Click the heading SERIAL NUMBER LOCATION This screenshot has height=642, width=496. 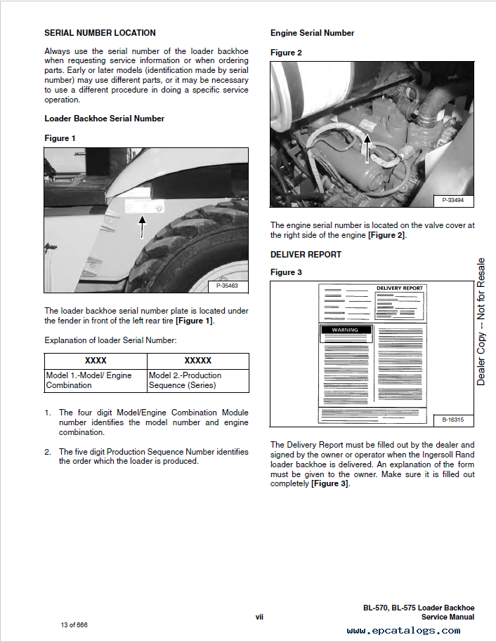pos(100,33)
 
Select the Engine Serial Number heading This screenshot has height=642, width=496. pos(312,33)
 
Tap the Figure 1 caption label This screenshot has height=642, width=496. pos(60,138)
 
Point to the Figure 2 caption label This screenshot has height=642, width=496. pos(286,53)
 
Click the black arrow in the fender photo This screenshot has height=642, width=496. pos(143,227)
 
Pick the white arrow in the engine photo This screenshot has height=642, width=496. pos(365,148)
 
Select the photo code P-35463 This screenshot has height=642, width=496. pos(227,286)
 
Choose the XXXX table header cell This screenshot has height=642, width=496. pos(96,361)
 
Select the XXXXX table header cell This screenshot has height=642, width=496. pos(197,361)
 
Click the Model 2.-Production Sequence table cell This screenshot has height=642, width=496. pos(198,380)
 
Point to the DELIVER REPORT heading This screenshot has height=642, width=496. pos(306,255)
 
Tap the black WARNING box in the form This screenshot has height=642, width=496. pos(345,330)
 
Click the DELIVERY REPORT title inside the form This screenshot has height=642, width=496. pos(400,288)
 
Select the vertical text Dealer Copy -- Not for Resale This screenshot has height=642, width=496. pos(481,321)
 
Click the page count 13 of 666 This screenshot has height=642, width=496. pos(74,624)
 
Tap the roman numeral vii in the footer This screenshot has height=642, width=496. pos(259,617)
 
